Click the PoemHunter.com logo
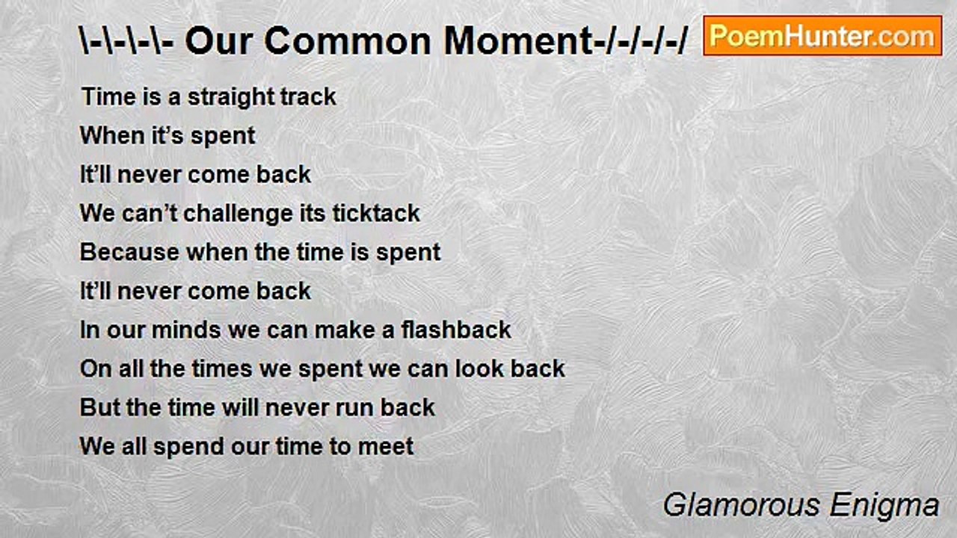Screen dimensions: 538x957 coord(822,35)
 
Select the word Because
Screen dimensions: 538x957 coord(129,253)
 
